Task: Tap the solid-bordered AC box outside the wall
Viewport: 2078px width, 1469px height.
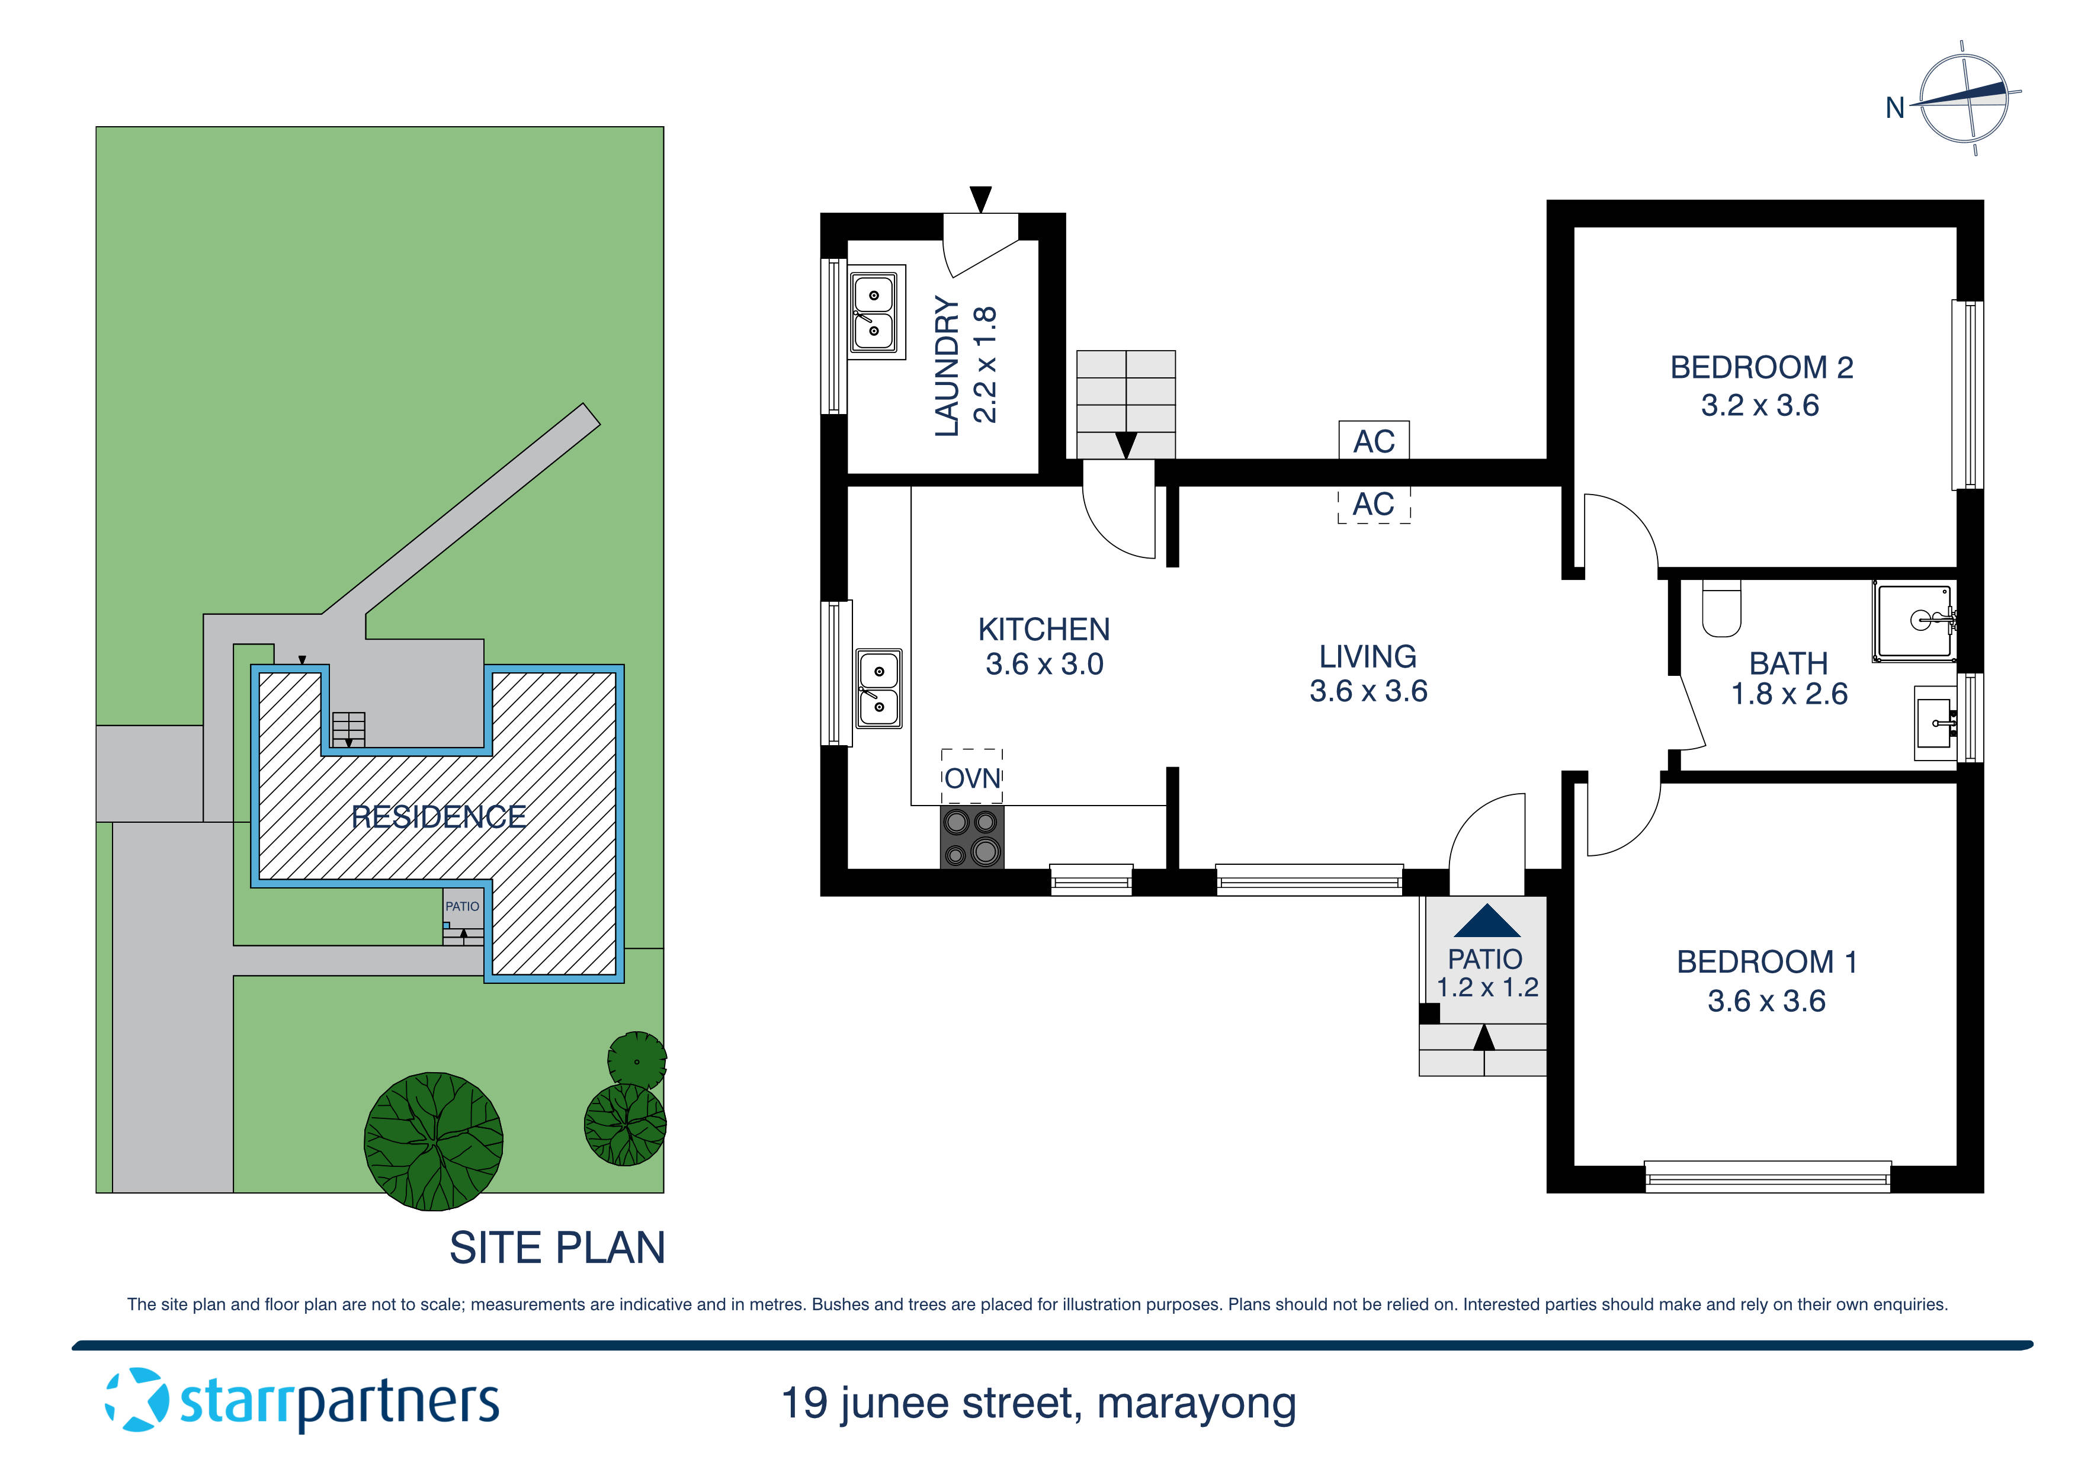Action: pyautogui.click(x=1373, y=441)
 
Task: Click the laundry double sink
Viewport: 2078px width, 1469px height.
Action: pyautogui.click(x=875, y=312)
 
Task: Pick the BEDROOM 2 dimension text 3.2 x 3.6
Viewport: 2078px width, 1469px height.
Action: pyautogui.click(x=1759, y=405)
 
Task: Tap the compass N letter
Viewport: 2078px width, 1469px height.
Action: pyautogui.click(x=1894, y=108)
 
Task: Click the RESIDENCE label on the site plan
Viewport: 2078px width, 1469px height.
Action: pyautogui.click(x=438, y=816)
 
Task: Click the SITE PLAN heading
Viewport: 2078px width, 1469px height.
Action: pyautogui.click(x=557, y=1247)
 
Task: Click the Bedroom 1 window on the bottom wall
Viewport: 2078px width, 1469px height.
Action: pyautogui.click(x=1766, y=1176)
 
